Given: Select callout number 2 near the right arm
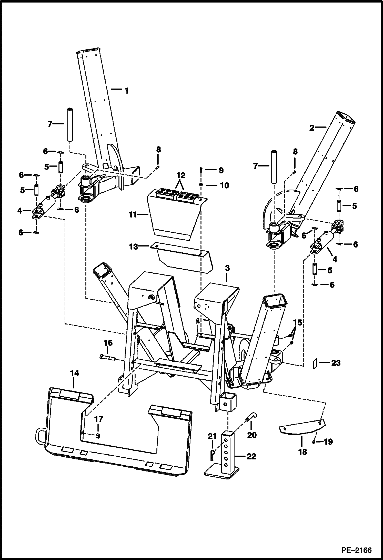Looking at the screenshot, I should coord(312,127).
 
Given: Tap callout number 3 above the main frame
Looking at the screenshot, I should coord(227,269).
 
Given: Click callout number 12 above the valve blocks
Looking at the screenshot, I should coord(180,175).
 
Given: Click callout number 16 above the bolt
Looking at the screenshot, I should coord(108,342).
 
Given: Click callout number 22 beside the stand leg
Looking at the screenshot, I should coord(251,456).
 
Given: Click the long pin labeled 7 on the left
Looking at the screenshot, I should coord(69,125).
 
